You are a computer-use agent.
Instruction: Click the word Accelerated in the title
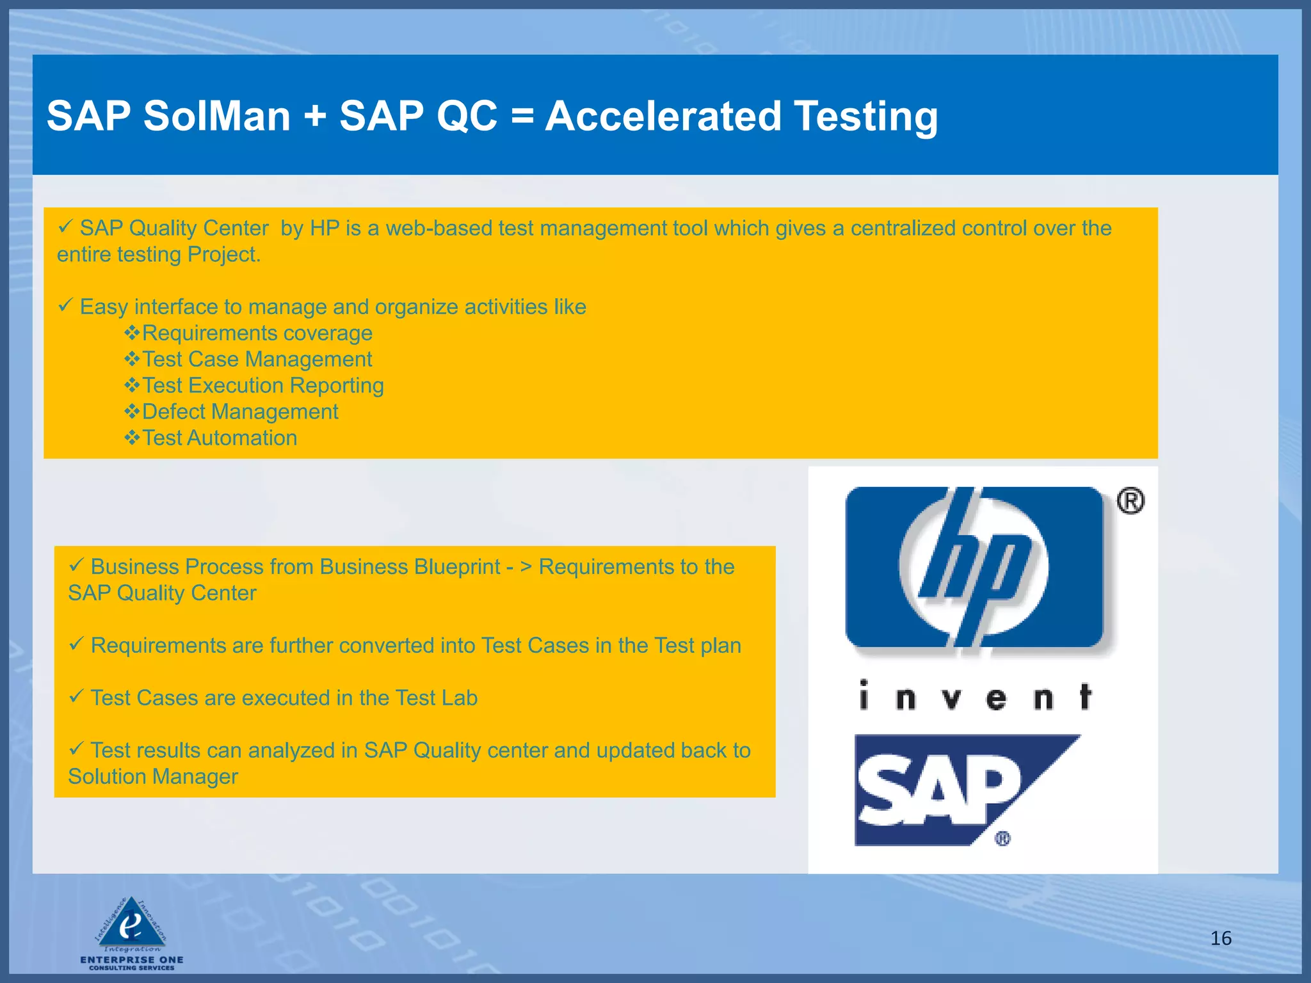663,116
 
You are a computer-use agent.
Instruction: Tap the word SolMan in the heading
217,116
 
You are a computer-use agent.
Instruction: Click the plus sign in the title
314,118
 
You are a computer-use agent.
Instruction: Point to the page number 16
1221,938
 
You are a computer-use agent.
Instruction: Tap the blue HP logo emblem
974,568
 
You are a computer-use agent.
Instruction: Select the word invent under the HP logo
975,697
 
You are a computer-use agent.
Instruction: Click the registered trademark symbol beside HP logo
1130,501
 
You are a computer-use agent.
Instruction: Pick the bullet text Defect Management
240,412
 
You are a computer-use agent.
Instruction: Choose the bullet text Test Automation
220,438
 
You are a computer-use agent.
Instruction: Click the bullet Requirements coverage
257,333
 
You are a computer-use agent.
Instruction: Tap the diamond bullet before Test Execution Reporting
132,385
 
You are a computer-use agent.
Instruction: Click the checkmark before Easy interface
65,306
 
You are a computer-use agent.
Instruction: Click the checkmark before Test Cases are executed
76,696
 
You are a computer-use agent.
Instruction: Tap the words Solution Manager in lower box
153,777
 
